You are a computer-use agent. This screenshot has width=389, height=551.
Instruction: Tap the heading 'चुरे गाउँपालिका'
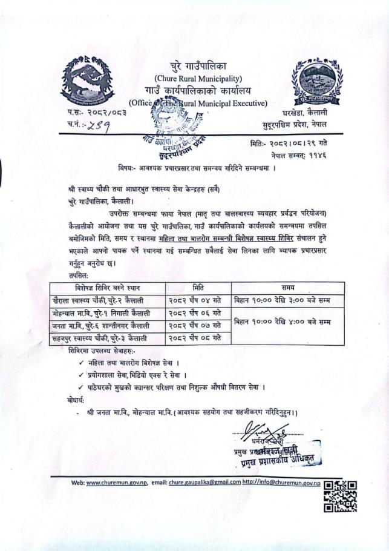pyautogui.click(x=197, y=65)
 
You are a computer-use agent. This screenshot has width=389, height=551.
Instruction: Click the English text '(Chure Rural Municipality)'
pyautogui.click(x=198, y=78)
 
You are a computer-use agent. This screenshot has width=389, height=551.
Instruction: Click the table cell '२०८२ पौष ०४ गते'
pyautogui.click(x=197, y=300)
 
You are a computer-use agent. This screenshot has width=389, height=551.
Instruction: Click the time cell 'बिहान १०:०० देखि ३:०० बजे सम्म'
pyautogui.click(x=288, y=300)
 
